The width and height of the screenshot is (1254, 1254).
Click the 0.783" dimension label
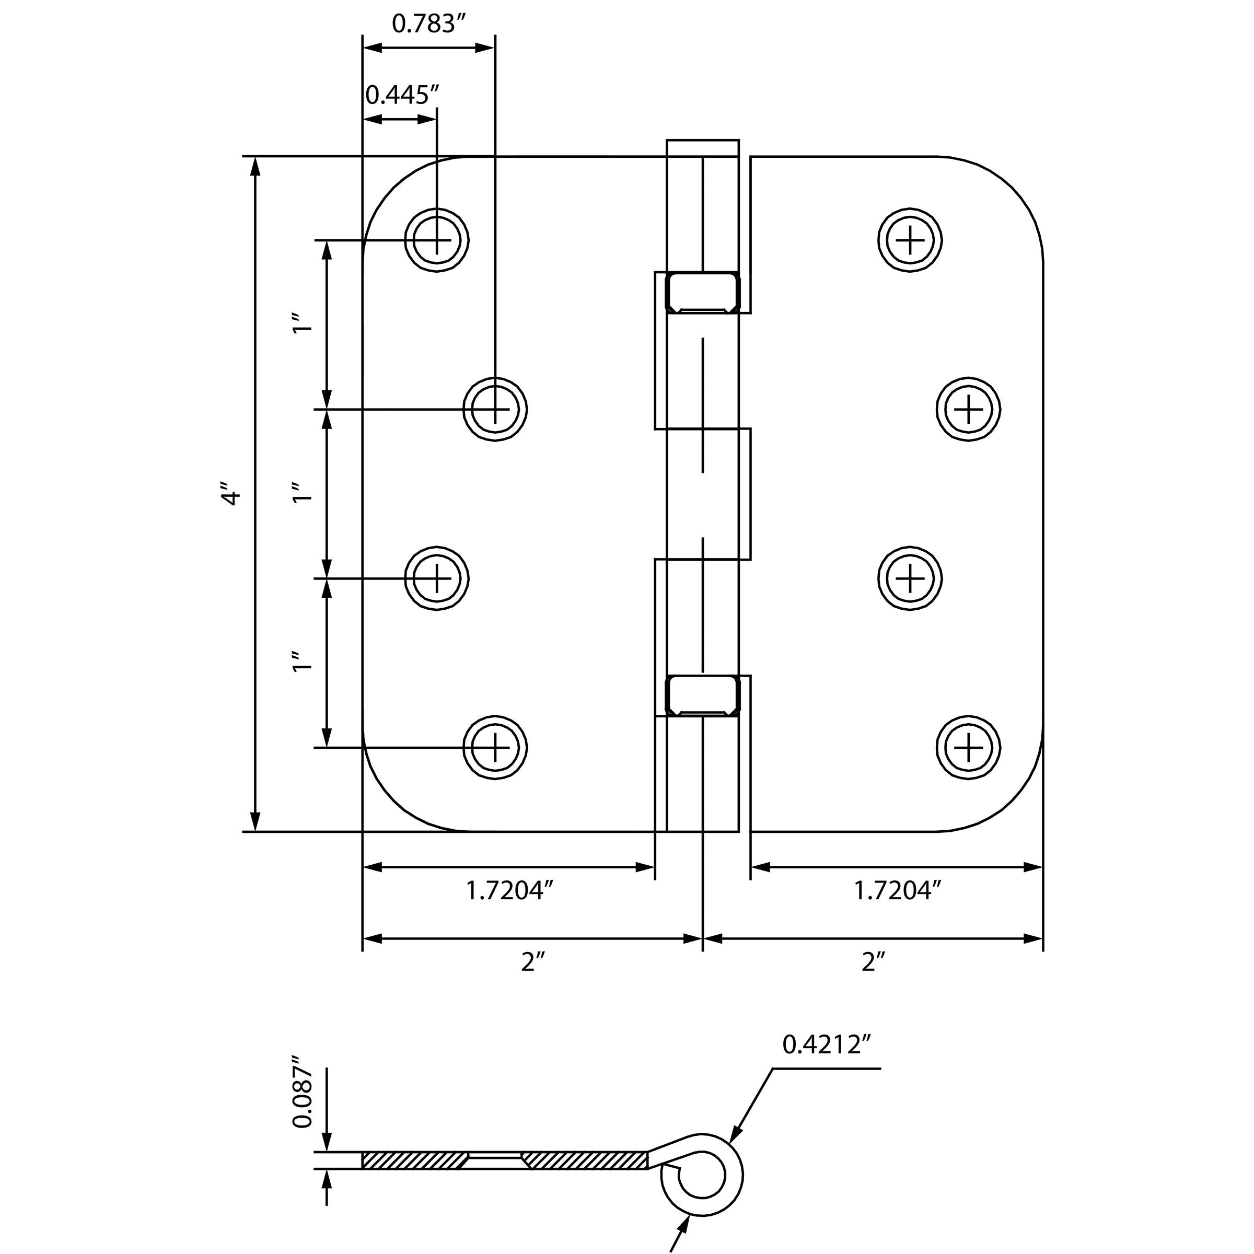429,24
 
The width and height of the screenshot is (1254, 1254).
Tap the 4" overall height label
230,494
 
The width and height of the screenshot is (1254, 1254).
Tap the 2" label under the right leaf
873,962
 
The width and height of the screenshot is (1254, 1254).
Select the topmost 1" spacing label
303,323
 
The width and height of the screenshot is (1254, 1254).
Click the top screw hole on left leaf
436,240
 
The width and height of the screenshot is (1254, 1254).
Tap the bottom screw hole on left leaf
495,748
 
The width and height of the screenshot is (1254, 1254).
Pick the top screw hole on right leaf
910,240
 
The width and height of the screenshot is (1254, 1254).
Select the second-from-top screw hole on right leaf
968,409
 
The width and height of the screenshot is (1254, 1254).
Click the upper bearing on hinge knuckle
703,293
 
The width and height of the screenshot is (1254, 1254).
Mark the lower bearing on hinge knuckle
703,695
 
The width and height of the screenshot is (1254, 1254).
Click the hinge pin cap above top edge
703,148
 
